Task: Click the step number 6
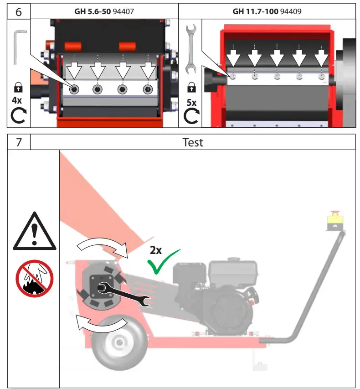tap(18, 11)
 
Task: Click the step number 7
tap(18, 142)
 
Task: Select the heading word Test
tap(192, 142)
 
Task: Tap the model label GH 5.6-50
tap(93, 11)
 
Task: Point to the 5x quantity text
tap(192, 103)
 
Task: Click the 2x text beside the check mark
tap(156, 250)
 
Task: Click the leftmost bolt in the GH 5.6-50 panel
tap(73, 89)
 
